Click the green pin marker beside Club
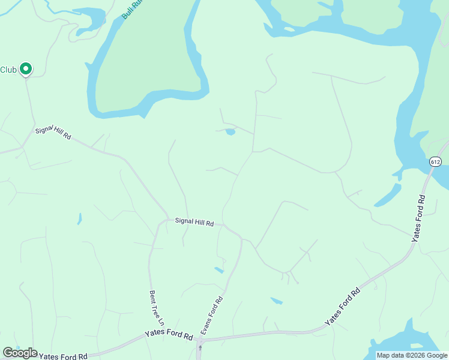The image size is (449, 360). click(x=25, y=69)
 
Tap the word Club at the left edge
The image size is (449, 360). click(x=8, y=70)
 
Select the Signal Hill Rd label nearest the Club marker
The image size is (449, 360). click(x=53, y=133)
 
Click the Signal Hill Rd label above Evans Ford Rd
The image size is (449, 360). click(x=194, y=222)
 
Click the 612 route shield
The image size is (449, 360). click(x=436, y=161)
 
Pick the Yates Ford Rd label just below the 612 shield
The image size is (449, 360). click(x=419, y=218)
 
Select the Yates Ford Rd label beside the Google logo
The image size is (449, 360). click(x=63, y=356)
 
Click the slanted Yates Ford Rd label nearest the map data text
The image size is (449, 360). click(x=343, y=307)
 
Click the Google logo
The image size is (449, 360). click(x=20, y=353)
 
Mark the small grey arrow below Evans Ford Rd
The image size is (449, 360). click(x=200, y=347)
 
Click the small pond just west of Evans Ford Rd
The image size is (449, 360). click(x=219, y=270)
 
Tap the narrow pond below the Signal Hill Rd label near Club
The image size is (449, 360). click(x=79, y=219)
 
